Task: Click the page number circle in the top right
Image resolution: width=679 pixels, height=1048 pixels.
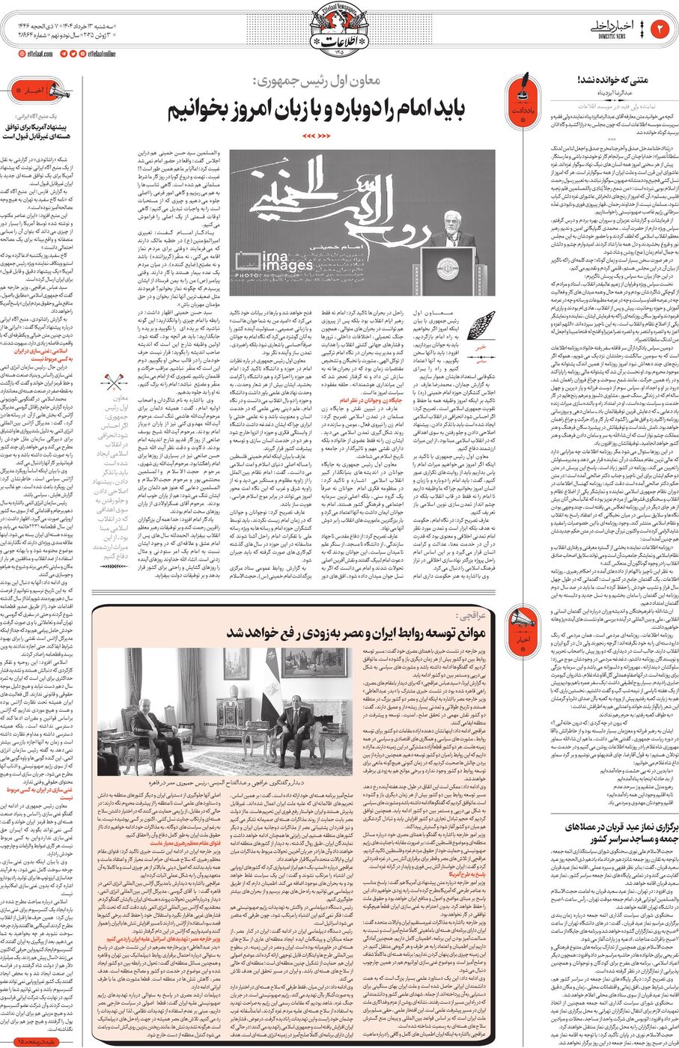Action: click(661, 28)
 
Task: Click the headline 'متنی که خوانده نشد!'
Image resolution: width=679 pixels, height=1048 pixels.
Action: click(612, 79)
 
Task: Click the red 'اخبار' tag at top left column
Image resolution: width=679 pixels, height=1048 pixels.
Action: click(30, 91)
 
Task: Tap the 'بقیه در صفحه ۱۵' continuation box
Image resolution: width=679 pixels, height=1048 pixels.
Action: click(40, 1041)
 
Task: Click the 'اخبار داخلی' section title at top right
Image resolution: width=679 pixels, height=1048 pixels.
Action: click(622, 27)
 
